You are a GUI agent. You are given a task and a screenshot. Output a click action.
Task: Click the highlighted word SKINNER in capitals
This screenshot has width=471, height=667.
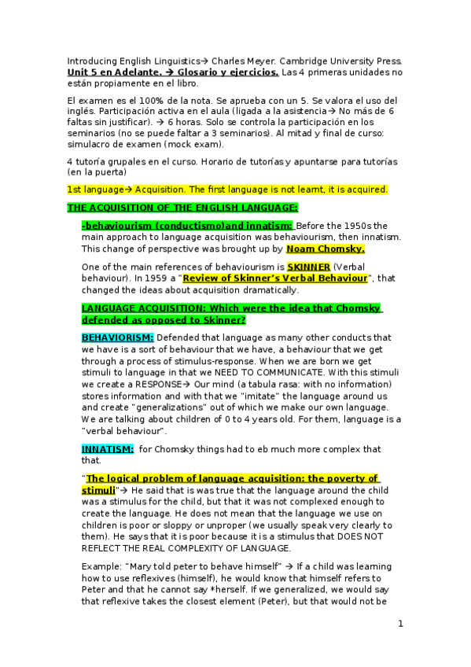tap(308, 267)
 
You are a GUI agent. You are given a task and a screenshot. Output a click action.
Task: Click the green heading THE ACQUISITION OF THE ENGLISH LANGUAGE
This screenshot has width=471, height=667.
tap(182, 207)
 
